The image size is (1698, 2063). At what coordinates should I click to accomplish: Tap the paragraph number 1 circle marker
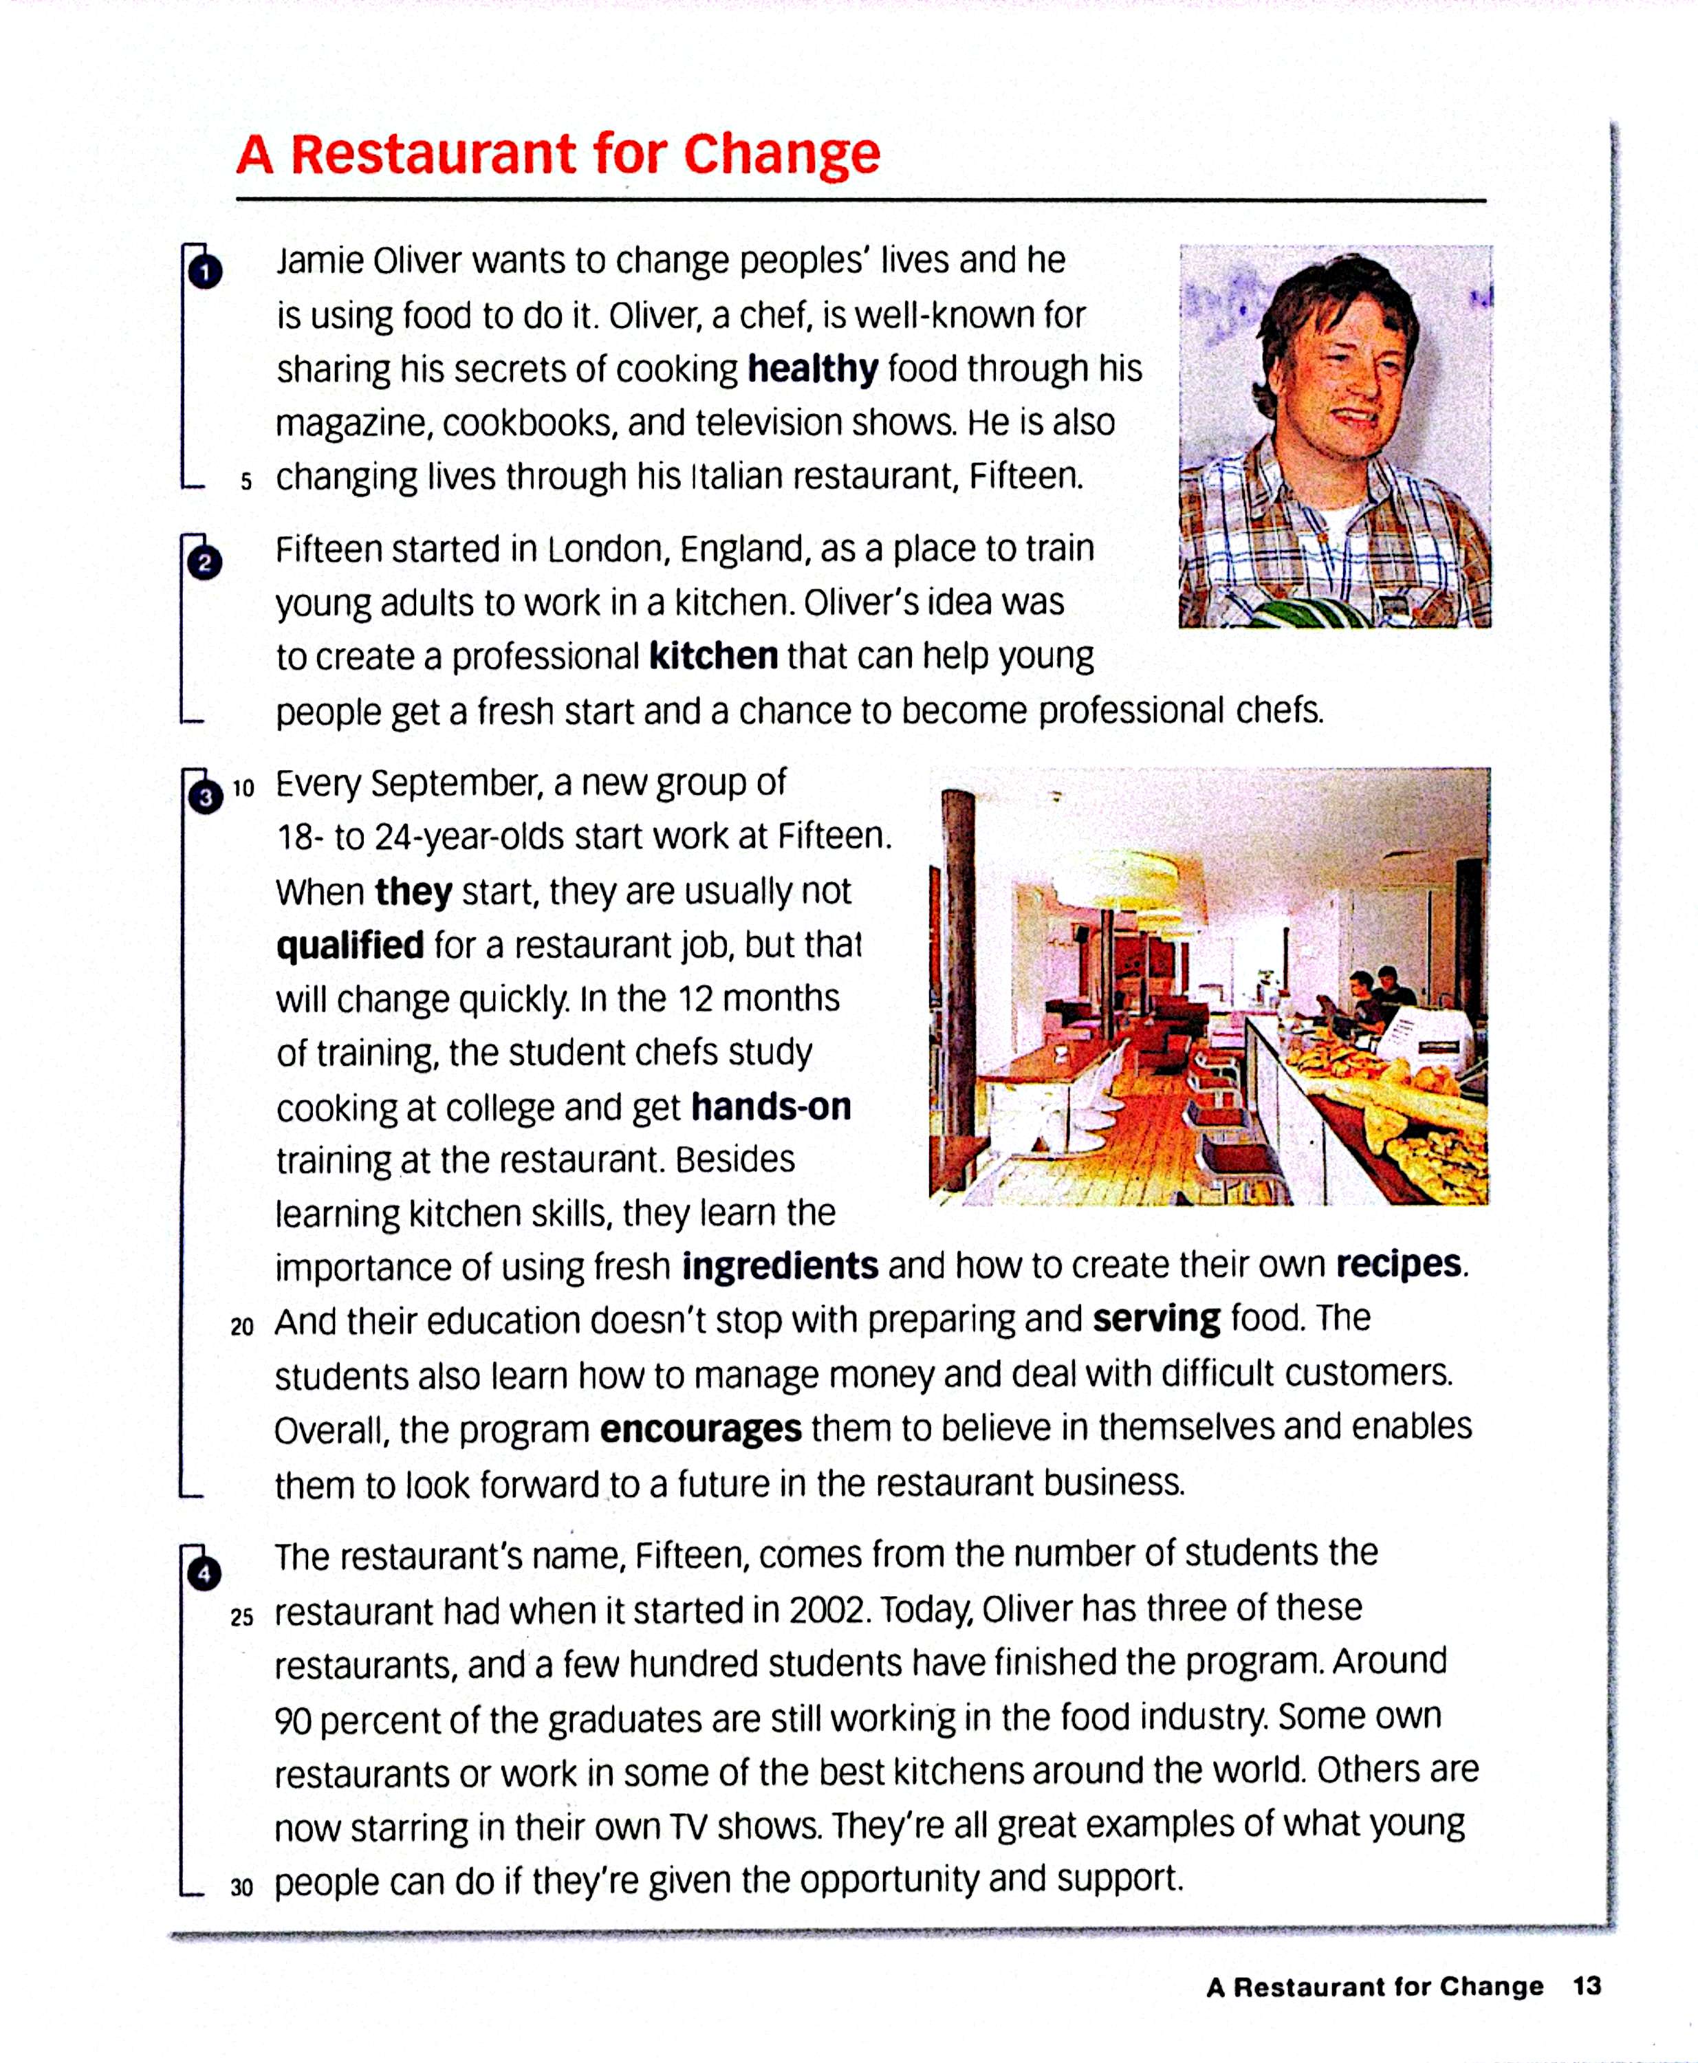(x=204, y=271)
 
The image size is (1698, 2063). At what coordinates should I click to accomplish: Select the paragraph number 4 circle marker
(x=204, y=1574)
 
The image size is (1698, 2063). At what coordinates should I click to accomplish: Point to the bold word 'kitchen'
(x=713, y=655)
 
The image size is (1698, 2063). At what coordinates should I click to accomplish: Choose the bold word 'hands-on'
(x=771, y=1106)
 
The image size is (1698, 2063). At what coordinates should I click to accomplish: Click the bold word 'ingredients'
(x=780, y=1266)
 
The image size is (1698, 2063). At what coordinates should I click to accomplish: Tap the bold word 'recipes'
(x=1399, y=1264)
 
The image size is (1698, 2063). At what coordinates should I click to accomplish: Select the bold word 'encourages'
(x=700, y=1428)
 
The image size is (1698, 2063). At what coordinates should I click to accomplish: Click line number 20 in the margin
(x=241, y=1327)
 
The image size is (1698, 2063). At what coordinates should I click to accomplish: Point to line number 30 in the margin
(x=241, y=1888)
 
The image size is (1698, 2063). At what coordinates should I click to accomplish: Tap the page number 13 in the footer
(x=1587, y=1987)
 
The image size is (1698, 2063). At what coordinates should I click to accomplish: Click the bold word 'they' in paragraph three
(x=413, y=891)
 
